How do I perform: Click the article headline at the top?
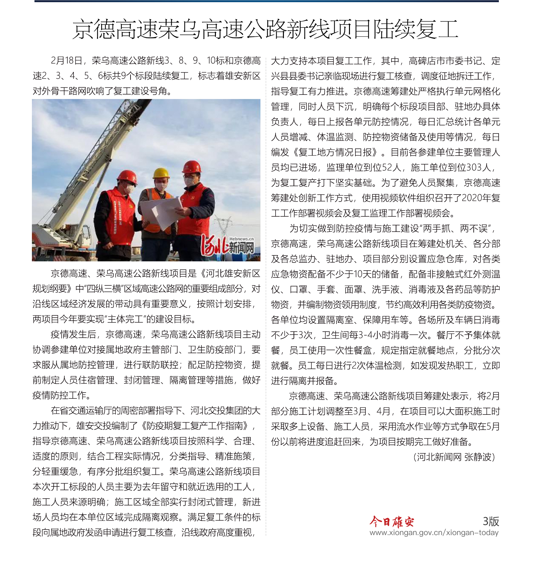(265, 29)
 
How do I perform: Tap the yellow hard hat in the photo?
(161, 173)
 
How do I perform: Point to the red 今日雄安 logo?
(392, 522)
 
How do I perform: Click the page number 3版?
(490, 521)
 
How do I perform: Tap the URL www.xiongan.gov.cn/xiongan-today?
(434, 533)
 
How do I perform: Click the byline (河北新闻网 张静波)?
(454, 457)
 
